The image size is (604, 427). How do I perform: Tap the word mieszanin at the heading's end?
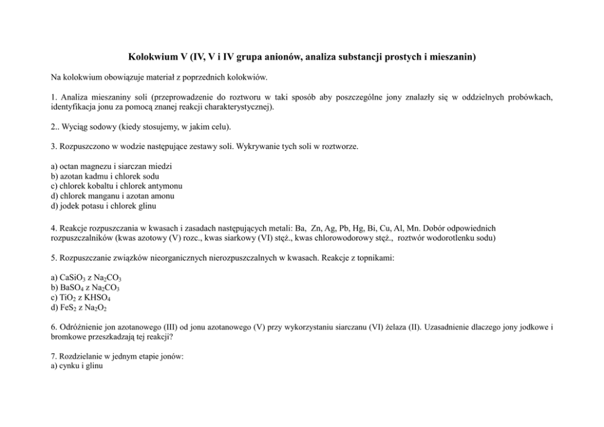click(454, 57)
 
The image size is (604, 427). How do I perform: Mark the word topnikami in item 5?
click(376, 258)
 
